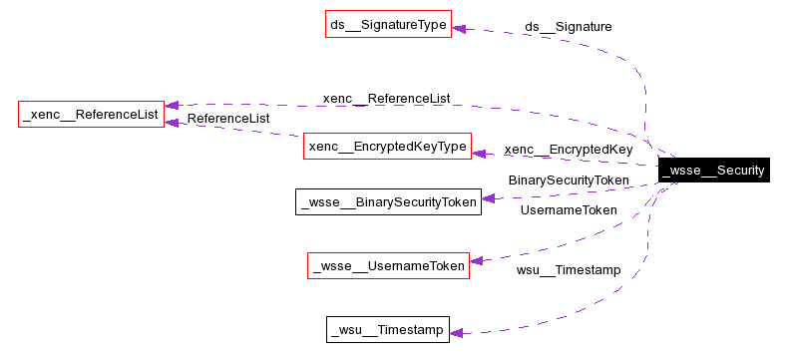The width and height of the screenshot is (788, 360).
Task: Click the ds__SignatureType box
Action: point(388,24)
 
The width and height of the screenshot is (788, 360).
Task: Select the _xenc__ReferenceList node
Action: point(91,115)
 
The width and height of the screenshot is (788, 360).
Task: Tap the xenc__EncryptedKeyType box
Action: point(387,147)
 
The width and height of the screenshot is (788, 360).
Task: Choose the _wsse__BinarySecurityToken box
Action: point(388,200)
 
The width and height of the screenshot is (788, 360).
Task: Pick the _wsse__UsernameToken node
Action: point(388,266)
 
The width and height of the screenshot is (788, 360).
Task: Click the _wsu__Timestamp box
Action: point(388,329)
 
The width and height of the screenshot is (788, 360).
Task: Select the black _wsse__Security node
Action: point(713,171)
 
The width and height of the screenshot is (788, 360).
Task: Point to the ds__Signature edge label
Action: point(568,26)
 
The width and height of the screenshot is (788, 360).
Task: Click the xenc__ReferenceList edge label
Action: point(386,98)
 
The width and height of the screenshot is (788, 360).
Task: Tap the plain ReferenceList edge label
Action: point(228,118)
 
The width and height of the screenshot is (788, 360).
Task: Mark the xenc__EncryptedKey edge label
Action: point(568,150)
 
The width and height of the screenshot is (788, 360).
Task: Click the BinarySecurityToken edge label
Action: point(569,180)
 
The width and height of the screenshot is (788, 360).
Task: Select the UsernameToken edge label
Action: point(568,209)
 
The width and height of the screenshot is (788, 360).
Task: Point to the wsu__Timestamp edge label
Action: point(568,269)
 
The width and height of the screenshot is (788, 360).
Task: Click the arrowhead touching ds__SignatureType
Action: point(458,28)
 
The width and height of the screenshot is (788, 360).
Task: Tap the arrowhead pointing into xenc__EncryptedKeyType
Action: point(478,153)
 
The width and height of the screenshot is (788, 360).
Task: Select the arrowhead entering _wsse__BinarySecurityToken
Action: point(488,199)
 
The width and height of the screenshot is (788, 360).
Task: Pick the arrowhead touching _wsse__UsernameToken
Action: point(476,261)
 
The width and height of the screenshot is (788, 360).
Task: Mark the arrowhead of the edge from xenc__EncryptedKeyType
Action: point(172,122)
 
